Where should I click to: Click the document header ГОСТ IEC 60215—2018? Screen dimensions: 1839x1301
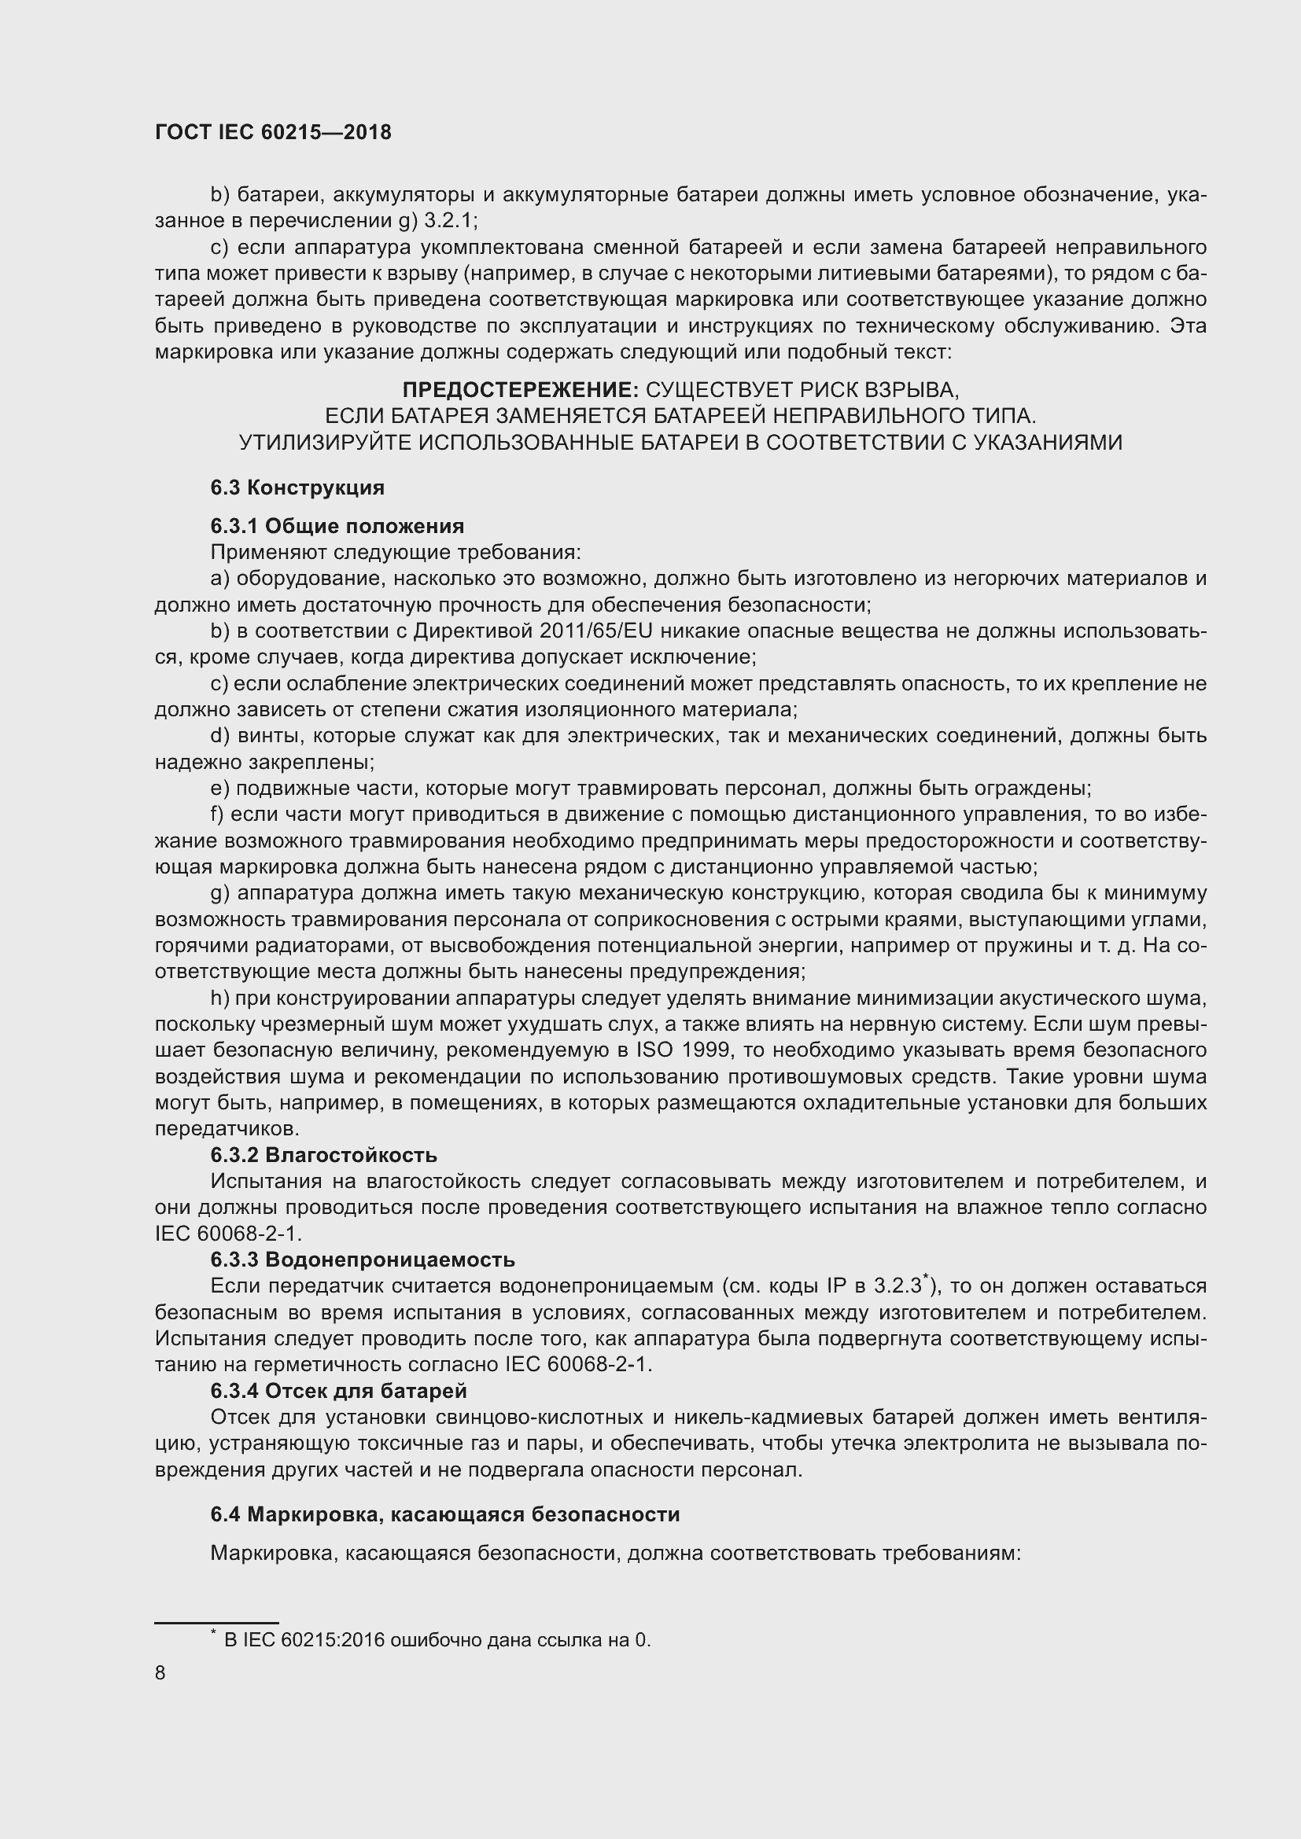272,132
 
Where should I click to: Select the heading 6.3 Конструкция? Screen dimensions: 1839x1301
297,487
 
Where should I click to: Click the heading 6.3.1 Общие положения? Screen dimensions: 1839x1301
337,526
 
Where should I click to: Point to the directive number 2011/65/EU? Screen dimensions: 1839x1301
596,631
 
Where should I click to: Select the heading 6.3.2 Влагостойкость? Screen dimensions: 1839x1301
323,1155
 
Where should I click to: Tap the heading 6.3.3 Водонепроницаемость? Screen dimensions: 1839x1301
362,1260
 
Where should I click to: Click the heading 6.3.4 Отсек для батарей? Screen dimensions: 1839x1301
338,1391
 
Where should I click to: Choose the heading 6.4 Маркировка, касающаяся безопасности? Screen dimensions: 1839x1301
444,1514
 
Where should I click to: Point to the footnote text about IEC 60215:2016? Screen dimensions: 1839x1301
437,1634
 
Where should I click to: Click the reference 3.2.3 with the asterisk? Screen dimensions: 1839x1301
899,1286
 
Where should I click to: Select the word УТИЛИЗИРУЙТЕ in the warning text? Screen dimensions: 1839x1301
326,442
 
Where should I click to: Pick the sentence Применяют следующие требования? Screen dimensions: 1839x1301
395,553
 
